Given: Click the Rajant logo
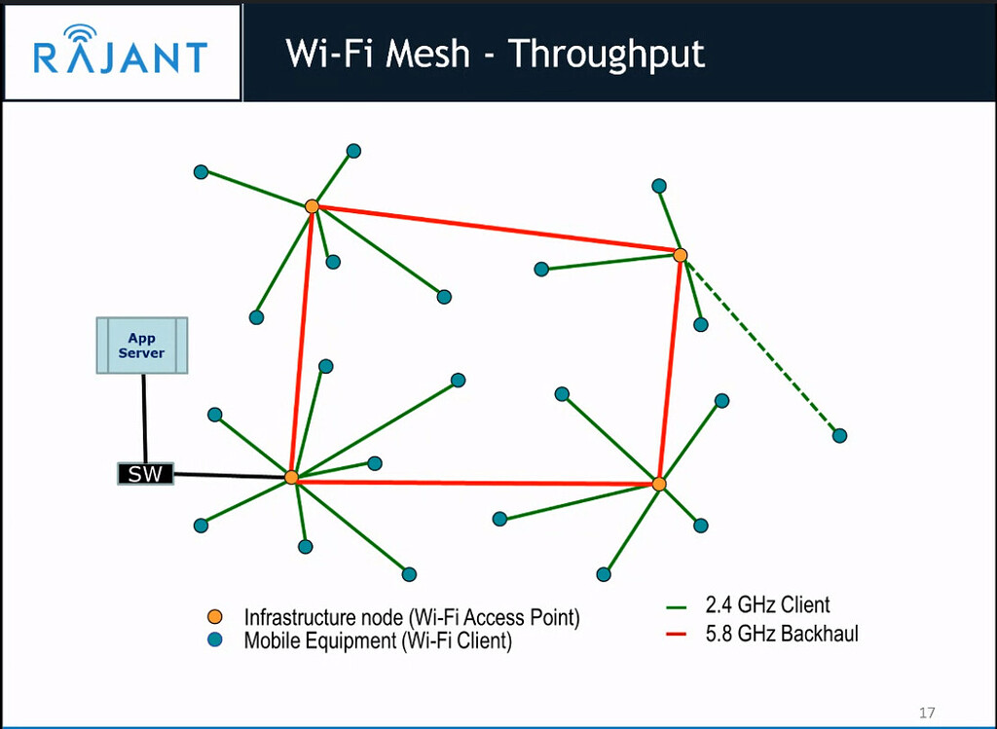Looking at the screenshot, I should [x=121, y=53].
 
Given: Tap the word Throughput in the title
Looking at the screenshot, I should [x=606, y=54].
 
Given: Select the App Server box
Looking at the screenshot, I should [x=142, y=346].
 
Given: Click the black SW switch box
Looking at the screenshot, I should [x=145, y=474].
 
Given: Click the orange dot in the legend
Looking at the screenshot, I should [x=216, y=617].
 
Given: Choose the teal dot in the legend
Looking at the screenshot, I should [x=216, y=640].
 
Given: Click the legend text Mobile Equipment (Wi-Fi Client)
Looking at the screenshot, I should [x=378, y=641].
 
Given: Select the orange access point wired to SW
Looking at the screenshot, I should [x=291, y=477].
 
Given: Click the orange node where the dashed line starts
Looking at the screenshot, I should [x=681, y=255].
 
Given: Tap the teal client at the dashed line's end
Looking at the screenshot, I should [x=839, y=435].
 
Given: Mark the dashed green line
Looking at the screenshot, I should [x=759, y=345].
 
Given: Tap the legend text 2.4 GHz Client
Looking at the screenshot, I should [x=767, y=606].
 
